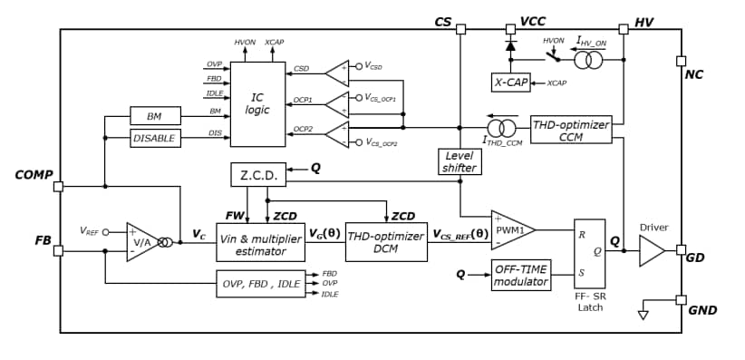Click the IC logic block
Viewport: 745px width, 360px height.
click(258, 103)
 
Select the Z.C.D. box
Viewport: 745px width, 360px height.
click(258, 174)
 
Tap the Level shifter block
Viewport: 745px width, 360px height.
click(460, 161)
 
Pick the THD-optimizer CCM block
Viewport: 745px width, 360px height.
click(571, 129)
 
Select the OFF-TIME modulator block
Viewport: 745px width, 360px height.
click(522, 276)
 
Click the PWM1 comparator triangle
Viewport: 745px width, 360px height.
click(510, 230)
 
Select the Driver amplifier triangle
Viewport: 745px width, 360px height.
click(651, 250)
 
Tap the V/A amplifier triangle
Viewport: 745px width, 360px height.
click(143, 242)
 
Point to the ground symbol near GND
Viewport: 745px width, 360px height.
click(643, 314)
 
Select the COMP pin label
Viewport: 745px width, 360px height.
click(34, 174)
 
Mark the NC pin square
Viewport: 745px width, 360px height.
click(681, 61)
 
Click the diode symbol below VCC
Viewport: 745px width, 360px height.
click(509, 44)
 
